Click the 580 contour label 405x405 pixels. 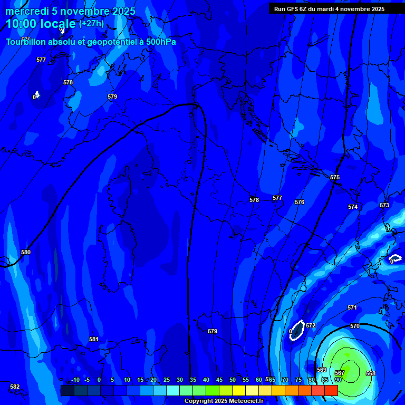(x=26, y=253)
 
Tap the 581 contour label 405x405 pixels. (x=94, y=340)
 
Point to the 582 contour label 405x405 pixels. (x=15, y=387)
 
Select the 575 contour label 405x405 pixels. (x=335, y=178)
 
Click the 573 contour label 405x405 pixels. (x=384, y=205)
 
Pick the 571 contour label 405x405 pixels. (x=352, y=307)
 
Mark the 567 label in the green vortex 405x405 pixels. (x=340, y=373)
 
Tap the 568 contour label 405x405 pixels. (x=371, y=373)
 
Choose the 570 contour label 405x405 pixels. (x=355, y=326)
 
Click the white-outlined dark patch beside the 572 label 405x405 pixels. (x=297, y=331)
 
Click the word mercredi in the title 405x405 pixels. (x=26, y=11)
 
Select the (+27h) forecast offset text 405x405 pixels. (x=91, y=24)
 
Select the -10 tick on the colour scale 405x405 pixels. (x=75, y=380)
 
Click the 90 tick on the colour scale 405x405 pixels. (x=337, y=380)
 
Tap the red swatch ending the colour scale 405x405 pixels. (x=331, y=390)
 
